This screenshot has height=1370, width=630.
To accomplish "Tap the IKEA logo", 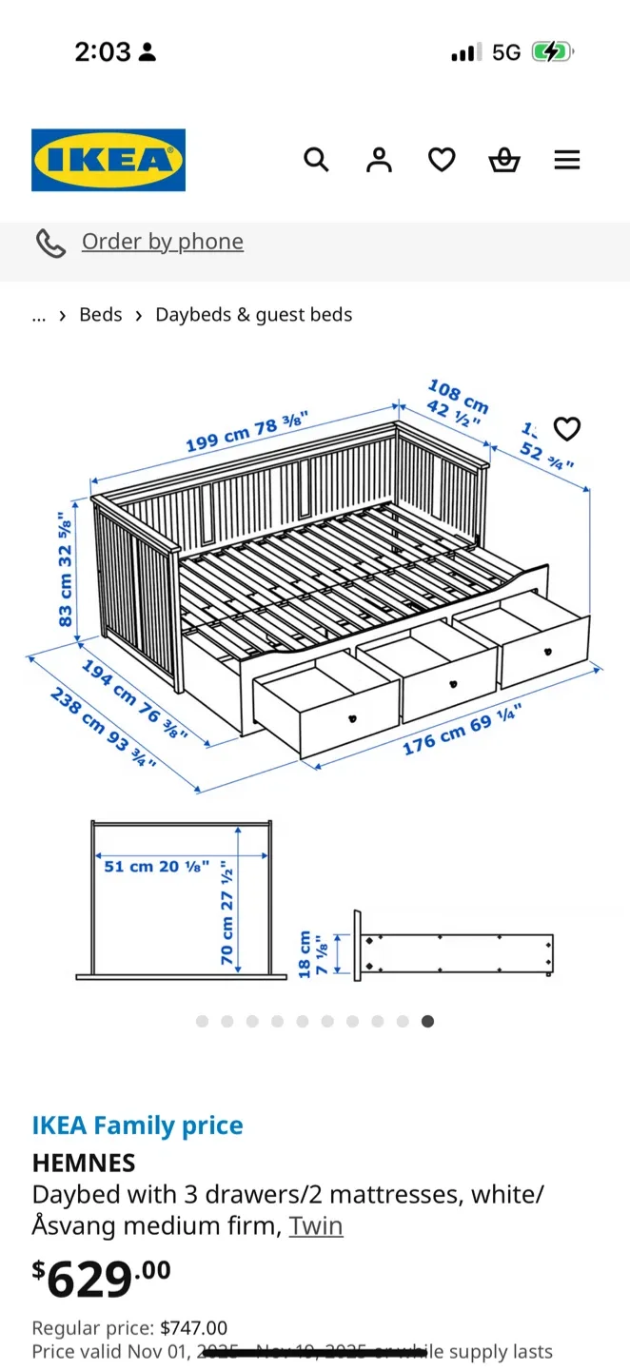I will (108, 160).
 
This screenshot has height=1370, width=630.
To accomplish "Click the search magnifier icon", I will (316, 160).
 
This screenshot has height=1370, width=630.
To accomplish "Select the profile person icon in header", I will (379, 160).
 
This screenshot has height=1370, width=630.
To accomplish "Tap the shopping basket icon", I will (504, 160).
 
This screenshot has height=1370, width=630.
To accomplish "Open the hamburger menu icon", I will (567, 160).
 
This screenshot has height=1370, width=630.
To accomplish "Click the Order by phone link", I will (162, 242).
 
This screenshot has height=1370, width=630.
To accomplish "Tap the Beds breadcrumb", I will (101, 315).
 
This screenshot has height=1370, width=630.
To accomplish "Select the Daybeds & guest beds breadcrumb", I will (254, 315).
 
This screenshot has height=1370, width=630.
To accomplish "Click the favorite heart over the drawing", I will (567, 429).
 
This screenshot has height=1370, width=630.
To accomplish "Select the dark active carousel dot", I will (428, 1021).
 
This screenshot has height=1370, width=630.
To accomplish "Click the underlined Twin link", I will (316, 1225).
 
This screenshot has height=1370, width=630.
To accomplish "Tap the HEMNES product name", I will (84, 1163).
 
